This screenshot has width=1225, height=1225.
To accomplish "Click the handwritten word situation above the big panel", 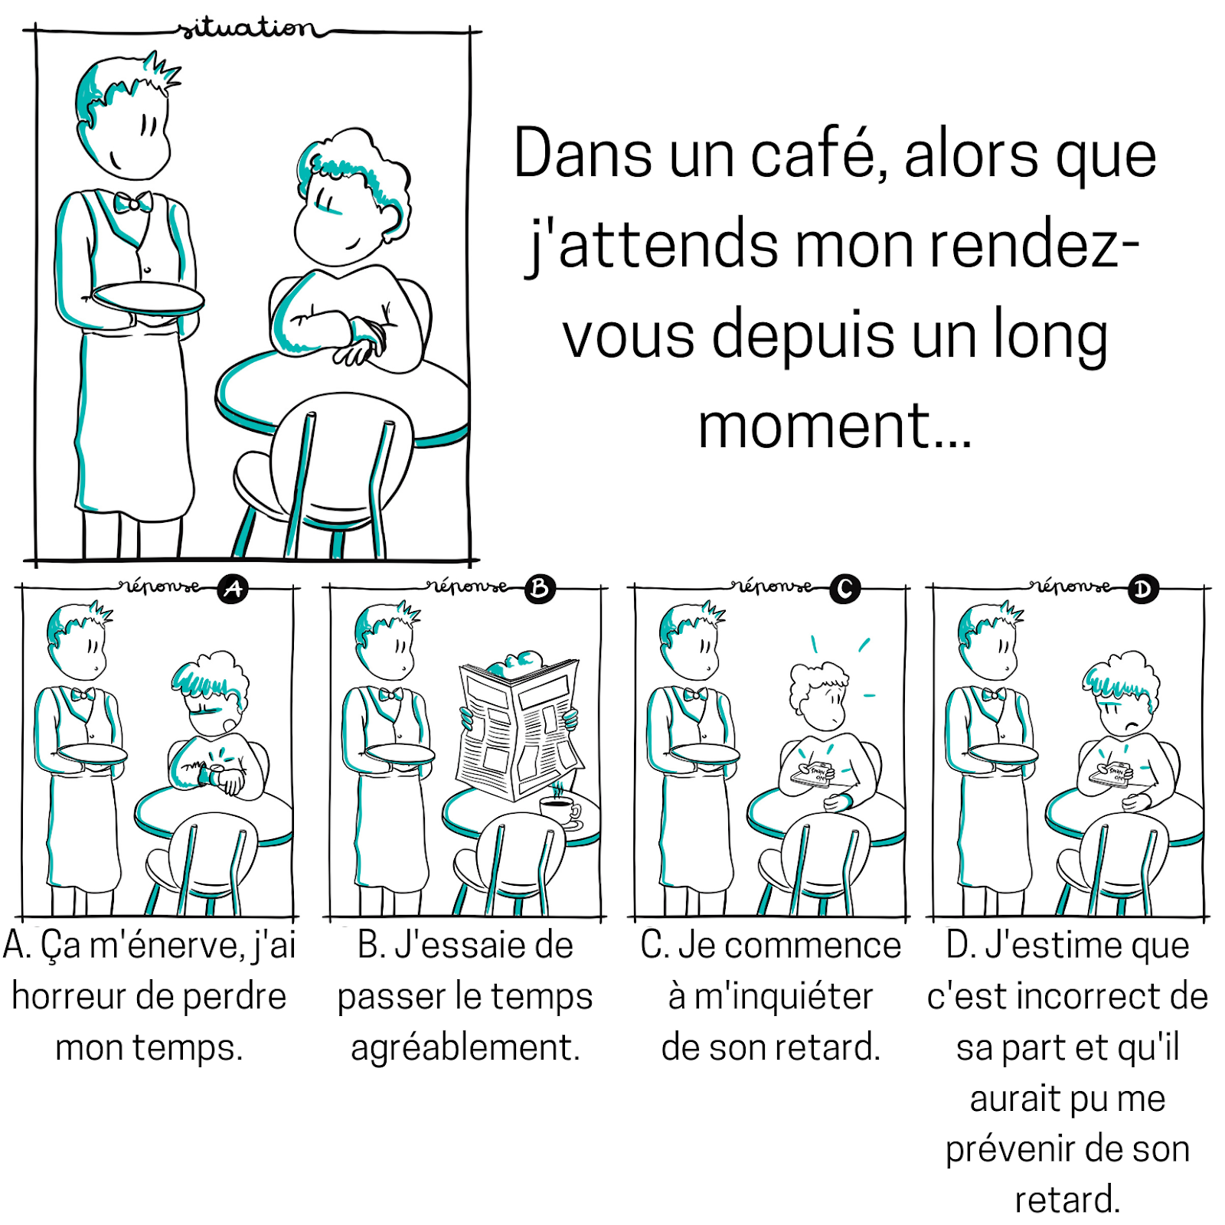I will tap(247, 29).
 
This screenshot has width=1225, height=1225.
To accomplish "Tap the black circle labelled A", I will tap(233, 589).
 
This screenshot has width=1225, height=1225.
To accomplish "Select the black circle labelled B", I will tap(539, 589).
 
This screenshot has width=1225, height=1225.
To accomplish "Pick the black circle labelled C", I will tap(845, 589).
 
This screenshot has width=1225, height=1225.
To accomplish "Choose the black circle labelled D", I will tap(1142, 590).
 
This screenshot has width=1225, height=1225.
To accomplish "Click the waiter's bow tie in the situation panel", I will tap(132, 203).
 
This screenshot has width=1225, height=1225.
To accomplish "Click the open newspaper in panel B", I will tap(519, 727).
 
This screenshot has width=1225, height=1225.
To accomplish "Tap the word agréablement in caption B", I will tap(465, 1047).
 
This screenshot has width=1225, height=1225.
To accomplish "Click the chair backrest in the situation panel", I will tap(341, 452).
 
